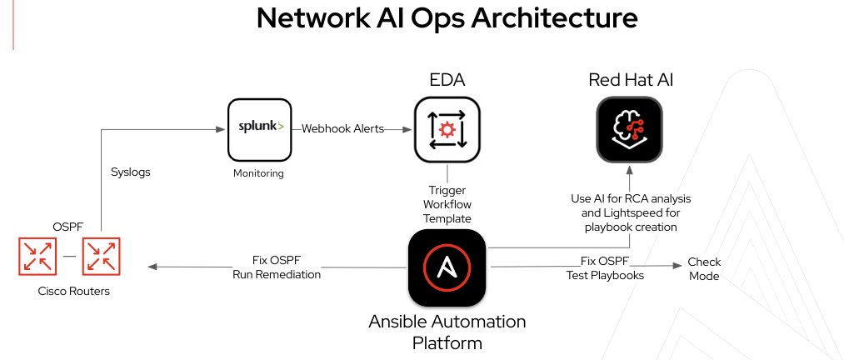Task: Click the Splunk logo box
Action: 261,129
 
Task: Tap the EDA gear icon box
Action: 447,129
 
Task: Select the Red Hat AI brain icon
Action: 629,129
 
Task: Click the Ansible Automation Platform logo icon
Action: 447,267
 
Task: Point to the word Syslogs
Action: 130,172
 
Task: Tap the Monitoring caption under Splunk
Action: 258,173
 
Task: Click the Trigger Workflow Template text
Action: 447,204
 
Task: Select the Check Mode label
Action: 704,268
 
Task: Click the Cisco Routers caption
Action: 74,292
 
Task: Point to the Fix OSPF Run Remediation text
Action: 277,267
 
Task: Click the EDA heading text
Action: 447,81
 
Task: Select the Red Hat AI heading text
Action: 630,81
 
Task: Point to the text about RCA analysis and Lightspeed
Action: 630,212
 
